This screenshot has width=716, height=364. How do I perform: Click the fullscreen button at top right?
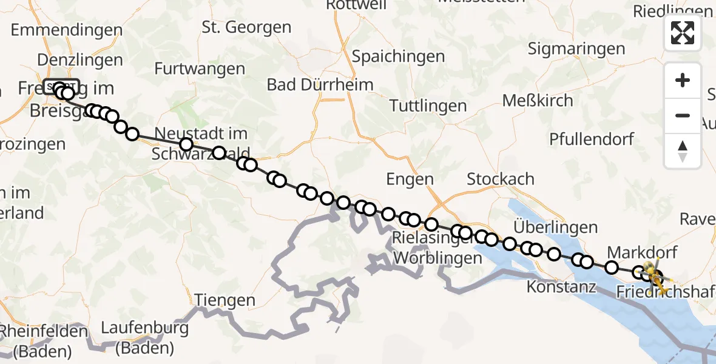click(683, 32)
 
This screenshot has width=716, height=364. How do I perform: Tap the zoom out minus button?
click(683, 115)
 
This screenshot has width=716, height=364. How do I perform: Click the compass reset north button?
click(683, 150)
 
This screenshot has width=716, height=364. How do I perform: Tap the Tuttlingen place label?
click(428, 106)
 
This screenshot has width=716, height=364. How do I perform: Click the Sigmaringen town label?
click(576, 49)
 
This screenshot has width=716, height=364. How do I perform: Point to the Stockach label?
click(501, 179)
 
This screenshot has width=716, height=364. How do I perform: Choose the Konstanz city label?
click(561, 286)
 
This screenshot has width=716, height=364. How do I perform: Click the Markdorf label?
click(642, 252)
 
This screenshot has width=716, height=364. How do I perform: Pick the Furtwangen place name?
click(200, 69)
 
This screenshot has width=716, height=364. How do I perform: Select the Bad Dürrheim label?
click(320, 84)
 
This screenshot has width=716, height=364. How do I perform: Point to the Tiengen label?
click(225, 300)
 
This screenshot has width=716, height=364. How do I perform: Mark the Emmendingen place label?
click(66, 30)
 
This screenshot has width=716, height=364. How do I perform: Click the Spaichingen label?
click(399, 57)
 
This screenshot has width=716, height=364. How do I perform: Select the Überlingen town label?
click(555, 227)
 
